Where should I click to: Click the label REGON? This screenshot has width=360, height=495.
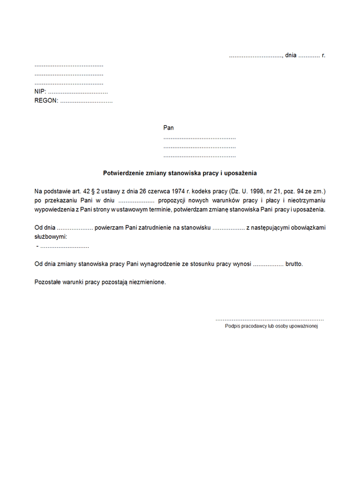pyautogui.click(x=46, y=101)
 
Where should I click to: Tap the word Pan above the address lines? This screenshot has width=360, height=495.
pyautogui.click(x=169, y=128)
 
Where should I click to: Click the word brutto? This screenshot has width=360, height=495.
pyautogui.click(x=295, y=263)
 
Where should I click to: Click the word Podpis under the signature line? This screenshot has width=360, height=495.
pyautogui.click(x=232, y=326)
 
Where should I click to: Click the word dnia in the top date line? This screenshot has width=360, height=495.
pyautogui.click(x=291, y=55)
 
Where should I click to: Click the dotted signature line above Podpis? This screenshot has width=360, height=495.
pyautogui.click(x=269, y=319)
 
